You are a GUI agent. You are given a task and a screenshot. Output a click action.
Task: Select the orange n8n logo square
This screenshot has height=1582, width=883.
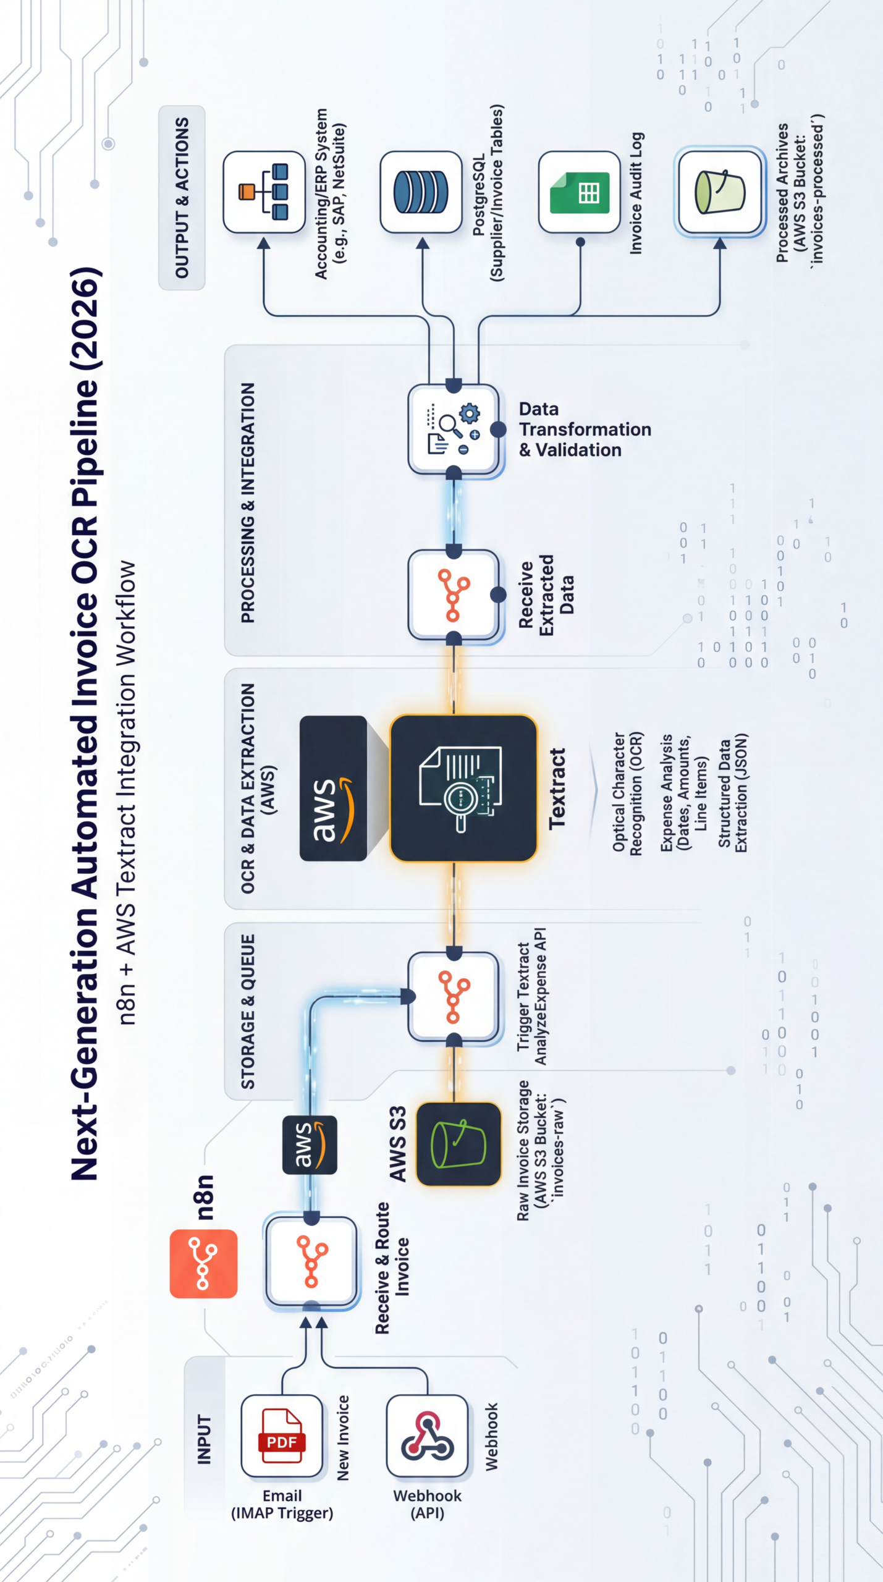[203, 1263]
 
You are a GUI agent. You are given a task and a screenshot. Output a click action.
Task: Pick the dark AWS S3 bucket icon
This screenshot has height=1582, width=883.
[458, 1144]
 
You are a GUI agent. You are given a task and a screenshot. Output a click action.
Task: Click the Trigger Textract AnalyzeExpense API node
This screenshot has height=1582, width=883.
[454, 997]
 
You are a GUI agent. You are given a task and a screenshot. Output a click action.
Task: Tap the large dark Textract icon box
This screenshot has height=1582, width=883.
[463, 788]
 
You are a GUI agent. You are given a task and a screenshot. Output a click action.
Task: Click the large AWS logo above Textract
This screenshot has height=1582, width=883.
[334, 788]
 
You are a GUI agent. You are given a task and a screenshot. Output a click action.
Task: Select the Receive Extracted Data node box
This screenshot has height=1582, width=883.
[454, 594]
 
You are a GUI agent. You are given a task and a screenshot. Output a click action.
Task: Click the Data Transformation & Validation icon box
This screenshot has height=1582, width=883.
[454, 429]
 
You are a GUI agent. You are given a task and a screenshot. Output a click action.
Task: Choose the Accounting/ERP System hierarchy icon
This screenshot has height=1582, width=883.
[264, 192]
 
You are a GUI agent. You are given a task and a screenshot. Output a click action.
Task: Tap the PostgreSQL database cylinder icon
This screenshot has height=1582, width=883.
[421, 192]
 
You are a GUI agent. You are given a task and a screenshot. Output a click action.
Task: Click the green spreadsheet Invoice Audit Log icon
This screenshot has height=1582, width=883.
[580, 192]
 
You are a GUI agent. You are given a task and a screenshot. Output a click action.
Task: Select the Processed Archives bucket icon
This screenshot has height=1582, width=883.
[720, 192]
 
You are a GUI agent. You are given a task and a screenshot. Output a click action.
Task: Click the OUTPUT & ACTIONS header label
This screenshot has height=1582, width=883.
[182, 198]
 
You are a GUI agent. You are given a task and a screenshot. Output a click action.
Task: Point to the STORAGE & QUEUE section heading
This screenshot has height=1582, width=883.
[248, 1012]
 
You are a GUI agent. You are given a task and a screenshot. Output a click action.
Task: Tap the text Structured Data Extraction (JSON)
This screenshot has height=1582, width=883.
[733, 793]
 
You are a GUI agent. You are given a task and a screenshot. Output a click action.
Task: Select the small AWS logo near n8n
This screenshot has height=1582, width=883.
[310, 1144]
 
